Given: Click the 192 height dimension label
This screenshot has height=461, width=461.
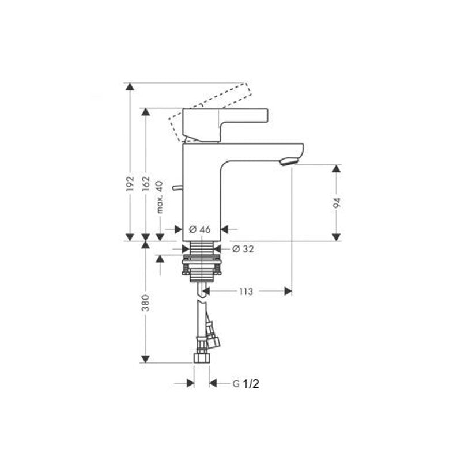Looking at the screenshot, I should pyautogui.click(x=130, y=183).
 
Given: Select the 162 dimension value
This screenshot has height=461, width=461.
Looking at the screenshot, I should pyautogui.click(x=146, y=183).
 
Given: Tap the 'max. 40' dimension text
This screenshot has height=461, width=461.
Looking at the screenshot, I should pyautogui.click(x=161, y=196).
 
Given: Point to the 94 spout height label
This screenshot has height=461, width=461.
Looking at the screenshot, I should pyautogui.click(x=337, y=202).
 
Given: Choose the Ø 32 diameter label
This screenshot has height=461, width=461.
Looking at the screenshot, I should pyautogui.click(x=243, y=249).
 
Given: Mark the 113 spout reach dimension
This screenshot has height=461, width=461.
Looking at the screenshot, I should pyautogui.click(x=245, y=292).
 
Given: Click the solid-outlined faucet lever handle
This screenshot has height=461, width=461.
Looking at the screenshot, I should pyautogui.click(x=225, y=122).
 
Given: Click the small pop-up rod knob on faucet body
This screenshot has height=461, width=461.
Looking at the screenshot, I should pyautogui.click(x=177, y=188).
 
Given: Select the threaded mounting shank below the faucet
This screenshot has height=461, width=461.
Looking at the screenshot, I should pyautogui.click(x=202, y=249).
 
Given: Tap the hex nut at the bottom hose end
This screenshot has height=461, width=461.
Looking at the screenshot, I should pyautogui.click(x=202, y=357).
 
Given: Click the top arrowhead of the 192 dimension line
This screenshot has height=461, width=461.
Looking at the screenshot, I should pyautogui.click(x=130, y=87).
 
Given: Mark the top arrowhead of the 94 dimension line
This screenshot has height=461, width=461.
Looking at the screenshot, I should pyautogui.click(x=337, y=169).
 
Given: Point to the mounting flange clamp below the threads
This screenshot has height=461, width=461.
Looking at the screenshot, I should pyautogui.click(x=202, y=267).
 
